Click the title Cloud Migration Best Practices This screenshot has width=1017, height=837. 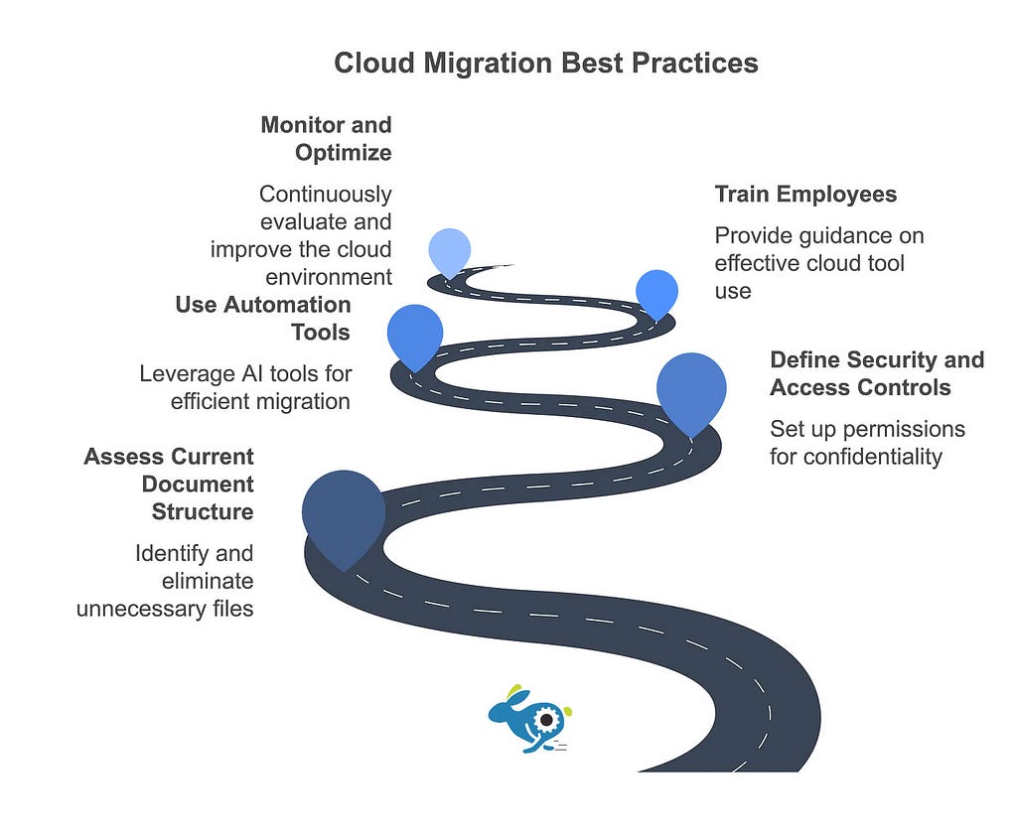(546, 64)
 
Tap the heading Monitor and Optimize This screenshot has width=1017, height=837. (326, 139)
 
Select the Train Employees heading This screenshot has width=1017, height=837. (805, 194)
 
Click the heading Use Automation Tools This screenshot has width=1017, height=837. (262, 319)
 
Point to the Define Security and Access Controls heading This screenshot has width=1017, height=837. (877, 373)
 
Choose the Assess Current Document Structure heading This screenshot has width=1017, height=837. (169, 485)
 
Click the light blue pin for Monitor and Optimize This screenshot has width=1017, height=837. (450, 252)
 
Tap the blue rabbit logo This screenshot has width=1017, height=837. (530, 719)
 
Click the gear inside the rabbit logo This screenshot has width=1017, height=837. (547, 720)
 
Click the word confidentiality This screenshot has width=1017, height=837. (855, 457)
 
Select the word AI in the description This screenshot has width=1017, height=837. (252, 374)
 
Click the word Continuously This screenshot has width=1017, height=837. (326, 195)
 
